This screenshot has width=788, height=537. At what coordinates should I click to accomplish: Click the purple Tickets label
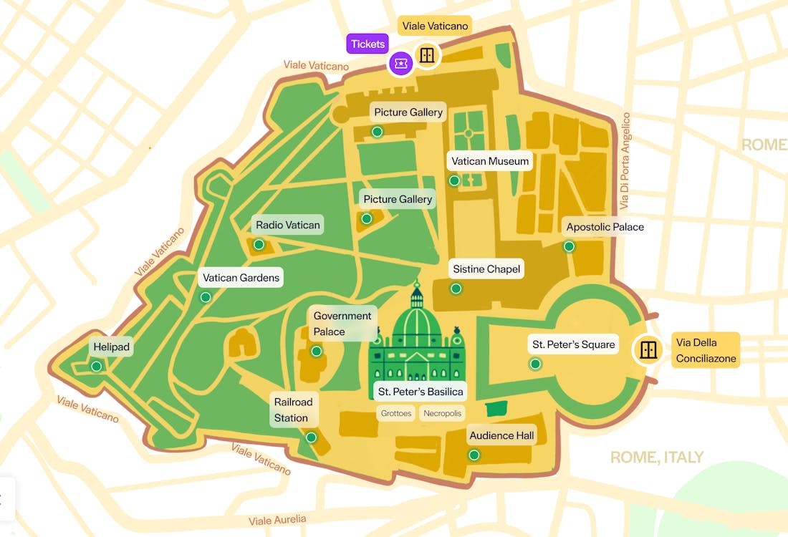(x=367, y=44)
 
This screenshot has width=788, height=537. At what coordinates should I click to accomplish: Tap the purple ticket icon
(x=400, y=64)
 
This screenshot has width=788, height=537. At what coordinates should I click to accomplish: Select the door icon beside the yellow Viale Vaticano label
(x=427, y=55)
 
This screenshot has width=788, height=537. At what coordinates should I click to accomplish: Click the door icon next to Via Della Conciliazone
(x=648, y=349)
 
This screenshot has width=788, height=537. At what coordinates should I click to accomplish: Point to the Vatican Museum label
(x=490, y=161)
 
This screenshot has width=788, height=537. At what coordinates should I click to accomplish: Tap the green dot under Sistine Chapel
(x=456, y=289)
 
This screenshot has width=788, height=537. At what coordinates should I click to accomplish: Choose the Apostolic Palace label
(x=605, y=227)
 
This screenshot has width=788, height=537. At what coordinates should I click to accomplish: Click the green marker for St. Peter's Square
(x=535, y=364)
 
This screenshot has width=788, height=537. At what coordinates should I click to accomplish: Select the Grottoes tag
(x=396, y=413)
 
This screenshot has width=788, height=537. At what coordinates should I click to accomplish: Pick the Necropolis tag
(x=442, y=413)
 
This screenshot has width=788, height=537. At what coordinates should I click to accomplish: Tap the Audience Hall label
(x=501, y=435)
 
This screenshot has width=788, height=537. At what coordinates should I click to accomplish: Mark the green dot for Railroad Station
(x=311, y=437)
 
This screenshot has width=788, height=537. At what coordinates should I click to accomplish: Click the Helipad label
(x=112, y=347)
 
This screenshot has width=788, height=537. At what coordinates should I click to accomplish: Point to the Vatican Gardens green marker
(x=206, y=297)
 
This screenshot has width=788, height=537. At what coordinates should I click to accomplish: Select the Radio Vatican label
(x=287, y=225)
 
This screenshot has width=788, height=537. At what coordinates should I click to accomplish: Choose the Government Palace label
(x=342, y=324)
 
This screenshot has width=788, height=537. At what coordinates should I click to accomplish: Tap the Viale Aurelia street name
(x=277, y=520)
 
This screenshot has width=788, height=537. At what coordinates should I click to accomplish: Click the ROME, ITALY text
(x=656, y=457)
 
